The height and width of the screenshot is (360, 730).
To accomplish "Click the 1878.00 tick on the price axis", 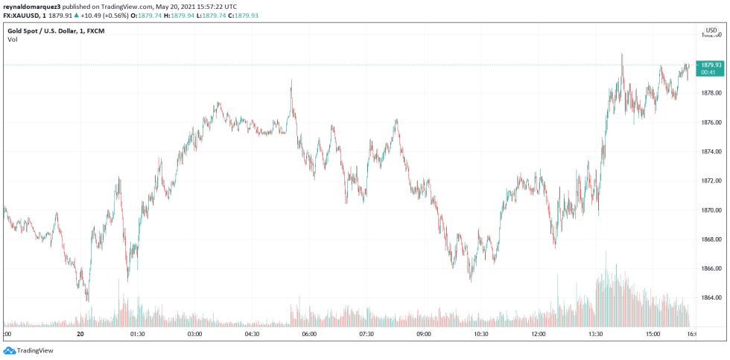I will [x=711, y=93].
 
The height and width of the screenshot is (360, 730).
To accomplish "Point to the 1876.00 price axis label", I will [x=711, y=122].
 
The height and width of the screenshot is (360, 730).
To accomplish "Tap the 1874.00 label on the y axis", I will [x=711, y=151].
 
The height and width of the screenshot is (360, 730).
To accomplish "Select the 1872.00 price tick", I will [x=711, y=180].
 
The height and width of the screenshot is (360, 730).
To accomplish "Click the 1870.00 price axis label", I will [x=711, y=210].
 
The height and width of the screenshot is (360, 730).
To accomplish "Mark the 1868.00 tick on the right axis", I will [x=711, y=239].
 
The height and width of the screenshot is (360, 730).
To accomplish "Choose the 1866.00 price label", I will [x=711, y=268].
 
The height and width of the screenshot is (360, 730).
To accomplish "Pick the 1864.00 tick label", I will [x=711, y=297].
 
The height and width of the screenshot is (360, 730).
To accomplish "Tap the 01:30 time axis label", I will [x=137, y=335].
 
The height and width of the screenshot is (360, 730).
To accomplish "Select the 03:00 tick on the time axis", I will [x=194, y=335].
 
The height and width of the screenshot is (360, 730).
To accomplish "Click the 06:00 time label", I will [x=309, y=335].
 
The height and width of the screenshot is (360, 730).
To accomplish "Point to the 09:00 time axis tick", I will [x=424, y=335].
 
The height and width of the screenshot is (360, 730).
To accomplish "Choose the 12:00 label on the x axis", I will [x=539, y=335].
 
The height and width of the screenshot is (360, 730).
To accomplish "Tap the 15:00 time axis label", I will [x=653, y=335].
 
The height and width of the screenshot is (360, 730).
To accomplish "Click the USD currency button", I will [x=711, y=31].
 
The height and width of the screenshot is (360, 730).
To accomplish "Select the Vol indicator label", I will [x=13, y=40].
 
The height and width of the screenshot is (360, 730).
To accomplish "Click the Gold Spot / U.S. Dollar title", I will [x=45, y=29].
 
